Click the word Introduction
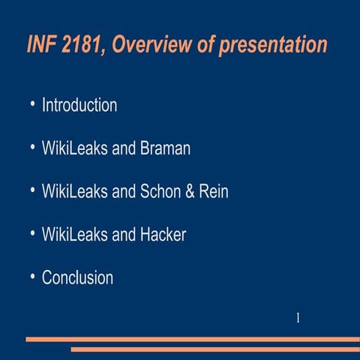tap(79, 105)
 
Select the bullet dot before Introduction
tap(32, 103)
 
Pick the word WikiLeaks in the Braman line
tap(74, 148)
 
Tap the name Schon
tap(160, 191)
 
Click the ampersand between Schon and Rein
tap(192, 191)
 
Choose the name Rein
tap(214, 191)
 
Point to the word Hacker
tap(163, 235)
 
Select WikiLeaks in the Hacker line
tap(74, 235)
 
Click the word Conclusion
tap(77, 277)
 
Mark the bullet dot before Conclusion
tap(32, 276)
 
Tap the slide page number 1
tap(298, 318)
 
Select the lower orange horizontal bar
tap(215, 349)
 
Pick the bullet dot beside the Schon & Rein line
tap(32, 190)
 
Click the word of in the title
tap(202, 45)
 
